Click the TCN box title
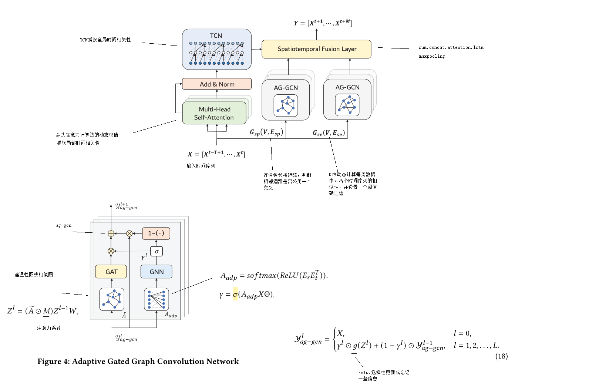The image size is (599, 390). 216,36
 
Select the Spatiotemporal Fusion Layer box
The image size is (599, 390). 316,49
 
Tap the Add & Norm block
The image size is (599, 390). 217,84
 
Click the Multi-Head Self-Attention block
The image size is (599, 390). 214,113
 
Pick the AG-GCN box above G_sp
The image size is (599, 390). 286,100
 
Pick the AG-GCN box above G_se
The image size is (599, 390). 347,100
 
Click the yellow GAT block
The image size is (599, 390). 111,272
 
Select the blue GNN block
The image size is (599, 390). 157,272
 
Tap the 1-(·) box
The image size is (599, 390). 156,233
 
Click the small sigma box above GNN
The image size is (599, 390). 157,251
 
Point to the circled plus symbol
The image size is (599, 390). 111,233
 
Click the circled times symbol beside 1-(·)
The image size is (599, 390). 129,233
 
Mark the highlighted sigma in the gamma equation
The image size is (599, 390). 235,295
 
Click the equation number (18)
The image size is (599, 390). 501,356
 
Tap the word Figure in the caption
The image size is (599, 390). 50,362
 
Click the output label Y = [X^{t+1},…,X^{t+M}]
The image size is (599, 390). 323,23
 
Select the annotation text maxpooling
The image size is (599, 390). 432,57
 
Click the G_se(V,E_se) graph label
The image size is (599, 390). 329,133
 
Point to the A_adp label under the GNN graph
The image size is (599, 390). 171,315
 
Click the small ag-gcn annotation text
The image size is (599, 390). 64,225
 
